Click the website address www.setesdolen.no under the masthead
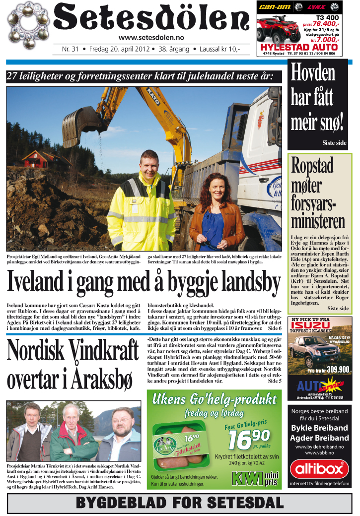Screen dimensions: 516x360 [x=151, y=38]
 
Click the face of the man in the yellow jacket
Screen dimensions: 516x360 [x=139, y=160]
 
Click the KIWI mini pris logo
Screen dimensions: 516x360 [x=255, y=478]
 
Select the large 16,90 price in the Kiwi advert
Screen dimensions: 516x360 [x=248, y=437]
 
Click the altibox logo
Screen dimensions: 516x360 [x=319, y=468]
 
